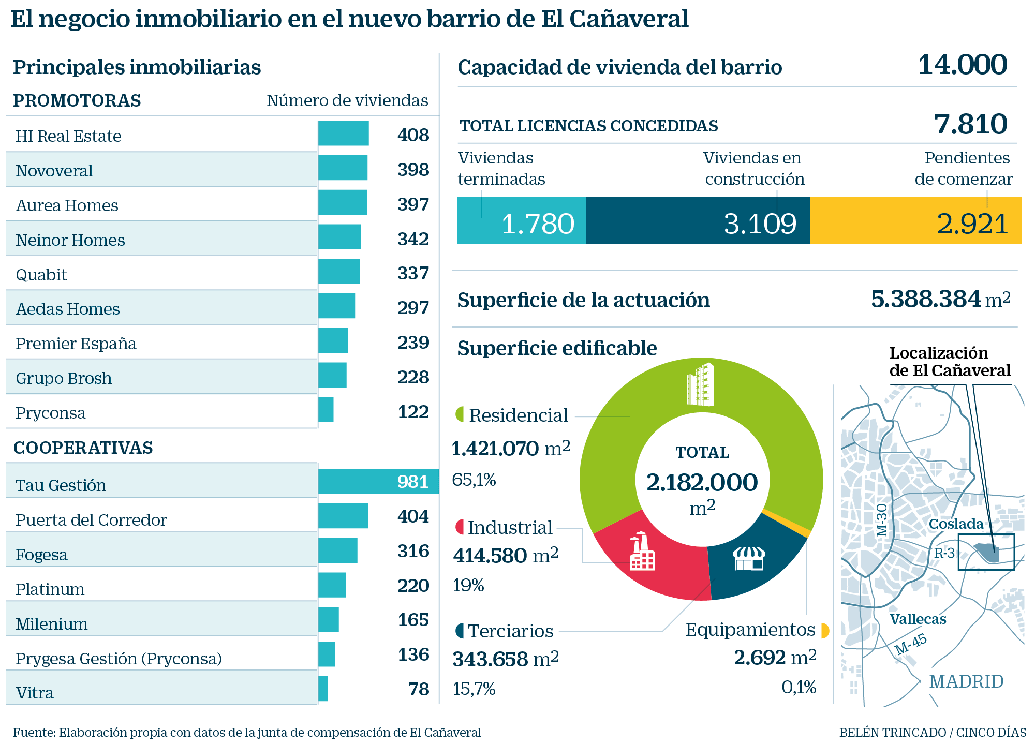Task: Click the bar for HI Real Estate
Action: click(343, 133)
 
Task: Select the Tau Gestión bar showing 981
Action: click(378, 481)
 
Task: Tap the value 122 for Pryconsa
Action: click(413, 412)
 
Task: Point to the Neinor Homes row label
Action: click(70, 240)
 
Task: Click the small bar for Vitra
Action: click(323, 689)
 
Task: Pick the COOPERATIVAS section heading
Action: click(83, 448)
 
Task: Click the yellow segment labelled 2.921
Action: click(915, 221)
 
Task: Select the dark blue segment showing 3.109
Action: click(698, 221)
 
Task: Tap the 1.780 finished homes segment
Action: click(522, 221)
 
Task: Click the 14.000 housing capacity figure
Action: click(962, 66)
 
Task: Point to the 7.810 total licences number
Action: click(970, 124)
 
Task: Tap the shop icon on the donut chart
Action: click(749, 559)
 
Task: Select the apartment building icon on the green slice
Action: click(700, 384)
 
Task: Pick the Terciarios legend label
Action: click(510, 631)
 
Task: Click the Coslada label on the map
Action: click(956, 524)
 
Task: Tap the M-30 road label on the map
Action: click(882, 520)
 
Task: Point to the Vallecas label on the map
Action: click(918, 619)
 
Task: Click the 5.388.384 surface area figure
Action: click(925, 299)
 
